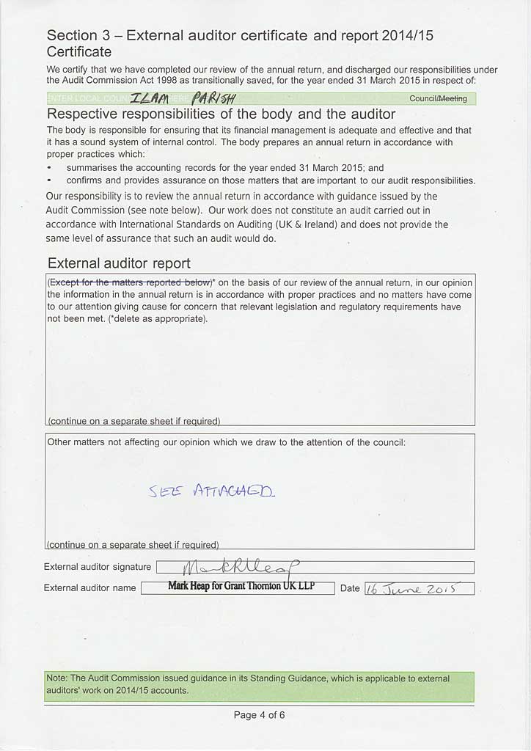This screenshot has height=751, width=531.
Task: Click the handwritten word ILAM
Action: pyautogui.click(x=153, y=99)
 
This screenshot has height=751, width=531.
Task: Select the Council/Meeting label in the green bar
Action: pyautogui.click(x=438, y=99)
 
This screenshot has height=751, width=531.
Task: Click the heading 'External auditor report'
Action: pyautogui.click(x=119, y=263)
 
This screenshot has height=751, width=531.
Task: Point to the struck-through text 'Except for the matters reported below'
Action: pyautogui.click(x=130, y=282)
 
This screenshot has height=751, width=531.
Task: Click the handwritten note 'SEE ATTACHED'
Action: pyautogui.click(x=212, y=491)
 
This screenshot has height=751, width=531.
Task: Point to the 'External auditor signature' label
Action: pyautogui.click(x=98, y=567)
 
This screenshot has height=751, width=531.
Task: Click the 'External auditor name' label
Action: pyautogui.click(x=90, y=587)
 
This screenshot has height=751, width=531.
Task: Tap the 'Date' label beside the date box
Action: pyautogui.click(x=350, y=588)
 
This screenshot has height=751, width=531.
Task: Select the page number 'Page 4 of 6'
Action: pyautogui.click(x=259, y=714)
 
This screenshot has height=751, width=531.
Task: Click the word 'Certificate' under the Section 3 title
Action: pyautogui.click(x=79, y=52)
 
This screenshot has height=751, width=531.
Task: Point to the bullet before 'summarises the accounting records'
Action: pyautogui.click(x=49, y=168)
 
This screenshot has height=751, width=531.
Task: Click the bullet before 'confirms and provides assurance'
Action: pyautogui.click(x=49, y=180)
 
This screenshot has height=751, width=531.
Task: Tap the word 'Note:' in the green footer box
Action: pyautogui.click(x=58, y=678)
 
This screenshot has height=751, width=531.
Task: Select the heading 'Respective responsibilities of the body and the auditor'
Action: pyautogui.click(x=221, y=114)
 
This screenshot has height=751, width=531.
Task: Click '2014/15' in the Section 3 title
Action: pyautogui.click(x=412, y=35)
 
